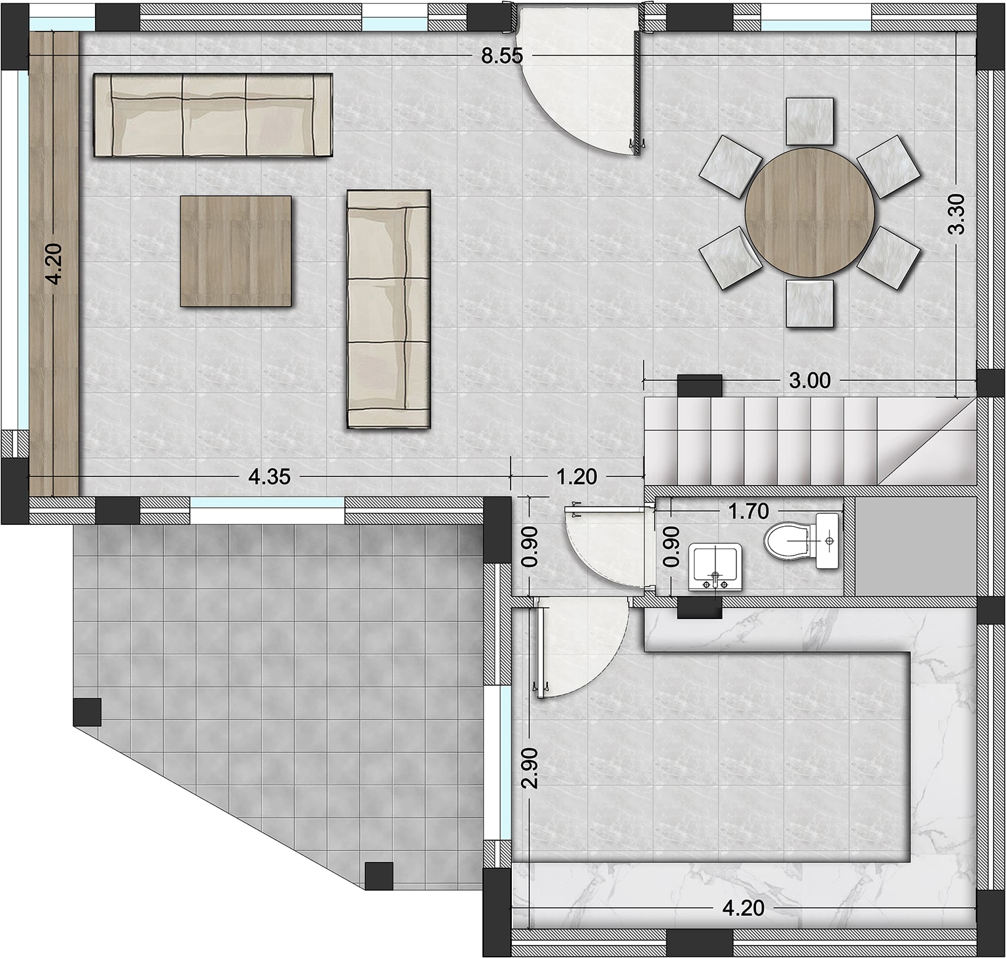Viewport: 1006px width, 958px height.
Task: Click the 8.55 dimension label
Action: pyautogui.click(x=502, y=56)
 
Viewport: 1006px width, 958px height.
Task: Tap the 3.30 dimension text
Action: pyautogui.click(x=956, y=214)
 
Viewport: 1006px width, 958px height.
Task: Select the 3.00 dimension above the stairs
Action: pyautogui.click(x=809, y=380)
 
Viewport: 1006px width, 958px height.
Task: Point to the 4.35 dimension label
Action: pyautogui.click(x=269, y=476)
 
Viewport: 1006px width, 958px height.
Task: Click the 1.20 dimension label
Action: pyautogui.click(x=576, y=476)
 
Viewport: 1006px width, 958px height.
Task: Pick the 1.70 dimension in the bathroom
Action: pyautogui.click(x=748, y=510)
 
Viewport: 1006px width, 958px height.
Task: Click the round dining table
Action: pyautogui.click(x=809, y=211)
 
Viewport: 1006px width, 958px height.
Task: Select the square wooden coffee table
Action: pyautogui.click(x=236, y=251)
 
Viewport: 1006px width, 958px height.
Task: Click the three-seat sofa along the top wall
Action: pyautogui.click(x=213, y=116)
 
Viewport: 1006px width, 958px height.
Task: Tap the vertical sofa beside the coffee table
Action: pyautogui.click(x=388, y=309)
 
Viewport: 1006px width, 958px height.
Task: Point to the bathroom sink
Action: pyautogui.click(x=715, y=566)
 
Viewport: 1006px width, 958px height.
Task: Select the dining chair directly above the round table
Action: pyautogui.click(x=810, y=121)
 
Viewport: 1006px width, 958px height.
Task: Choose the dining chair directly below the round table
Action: pyautogui.click(x=810, y=303)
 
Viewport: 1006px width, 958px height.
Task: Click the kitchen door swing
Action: pyautogui.click(x=579, y=648)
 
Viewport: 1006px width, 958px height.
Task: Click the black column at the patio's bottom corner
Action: pyautogui.click(x=378, y=876)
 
